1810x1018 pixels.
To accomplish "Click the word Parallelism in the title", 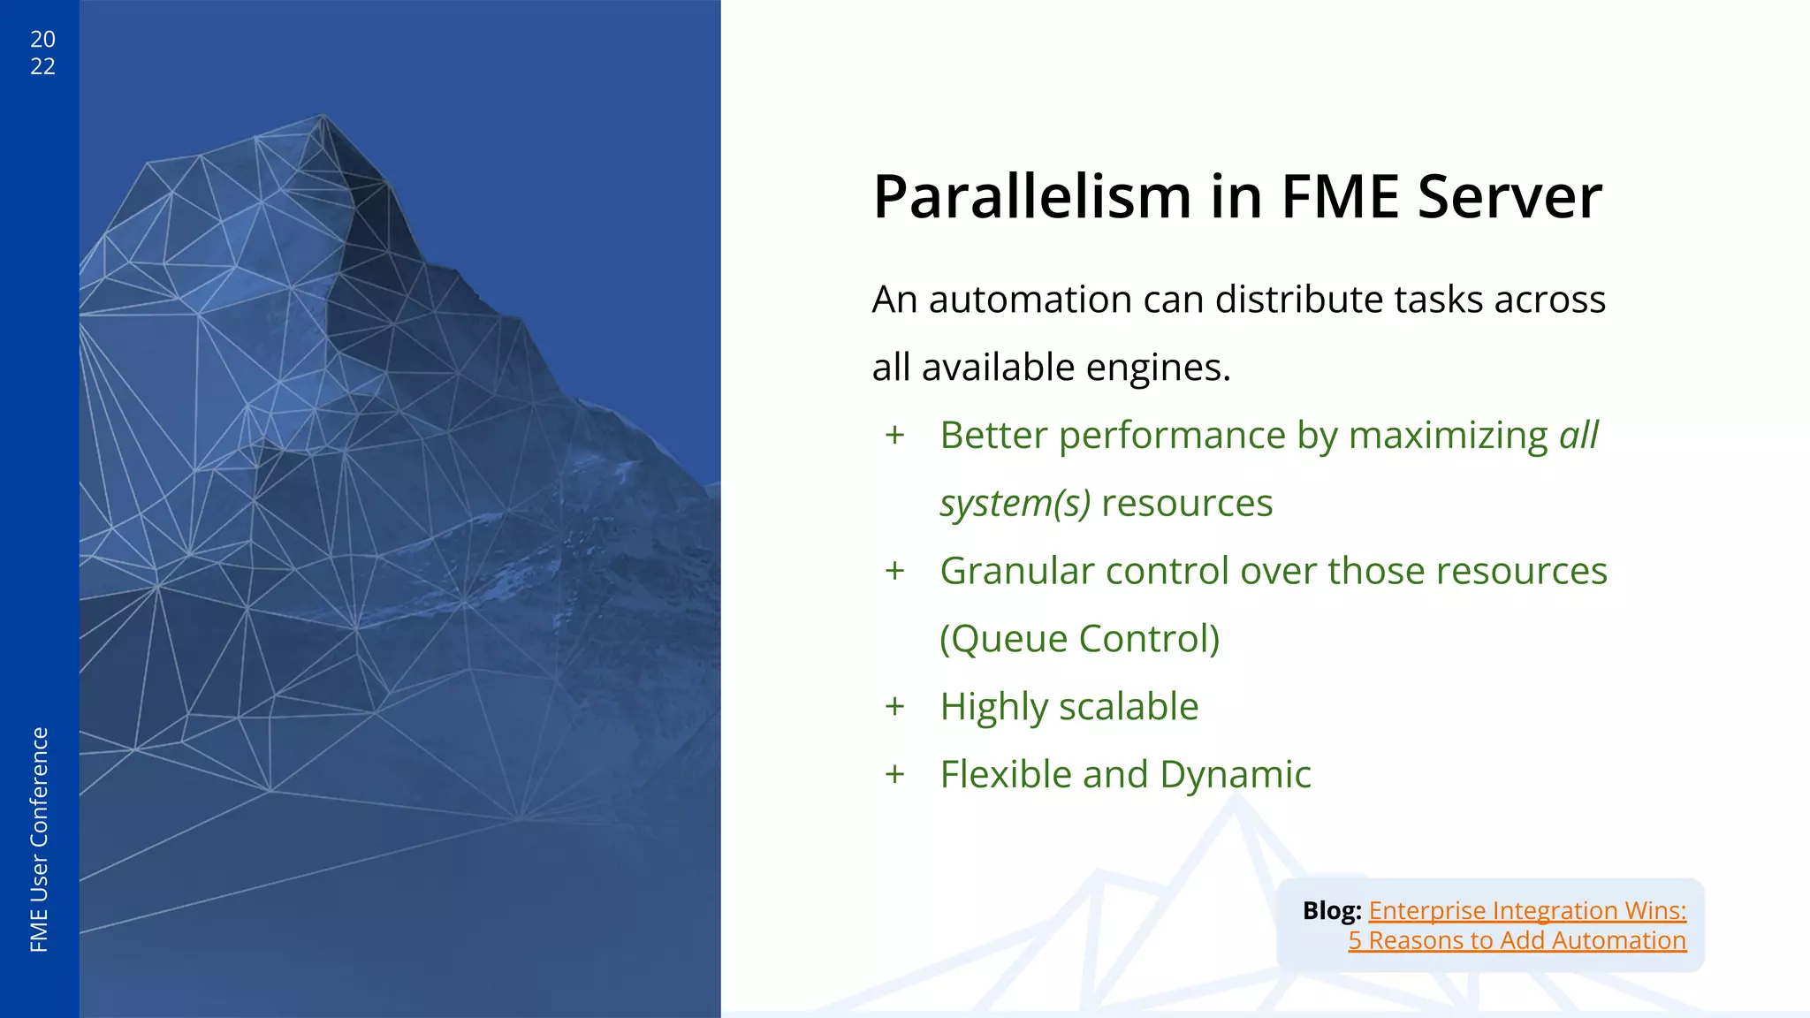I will pyautogui.click(x=1031, y=197).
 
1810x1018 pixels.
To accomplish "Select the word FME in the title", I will pyautogui.click(x=1339, y=197).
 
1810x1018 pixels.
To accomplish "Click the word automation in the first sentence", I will pyautogui.click(x=1029, y=300).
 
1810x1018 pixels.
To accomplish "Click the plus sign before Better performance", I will pyautogui.click(x=895, y=436).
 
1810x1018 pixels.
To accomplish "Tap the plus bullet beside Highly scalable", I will pyautogui.click(x=895, y=707).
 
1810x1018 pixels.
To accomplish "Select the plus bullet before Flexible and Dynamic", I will pyautogui.click(x=895, y=775).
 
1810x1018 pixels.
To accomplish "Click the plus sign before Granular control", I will pyautogui.click(x=895, y=572).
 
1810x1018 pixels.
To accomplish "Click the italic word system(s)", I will pyautogui.click(x=1015, y=504).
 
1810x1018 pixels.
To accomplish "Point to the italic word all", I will pyautogui.click(x=1578, y=436).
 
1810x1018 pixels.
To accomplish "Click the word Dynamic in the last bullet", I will pyautogui.click(x=1235, y=775).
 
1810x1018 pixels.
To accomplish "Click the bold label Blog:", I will pyautogui.click(x=1331, y=911).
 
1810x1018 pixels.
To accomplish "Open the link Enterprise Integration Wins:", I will pyautogui.click(x=1527, y=911).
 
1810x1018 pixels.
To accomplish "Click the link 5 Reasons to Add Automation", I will pyautogui.click(x=1517, y=941).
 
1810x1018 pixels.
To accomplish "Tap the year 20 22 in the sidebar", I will pyautogui.click(x=42, y=52).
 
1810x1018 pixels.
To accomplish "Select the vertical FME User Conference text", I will pyautogui.click(x=40, y=839).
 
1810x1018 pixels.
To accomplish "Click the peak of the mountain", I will pyautogui.click(x=323, y=116).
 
